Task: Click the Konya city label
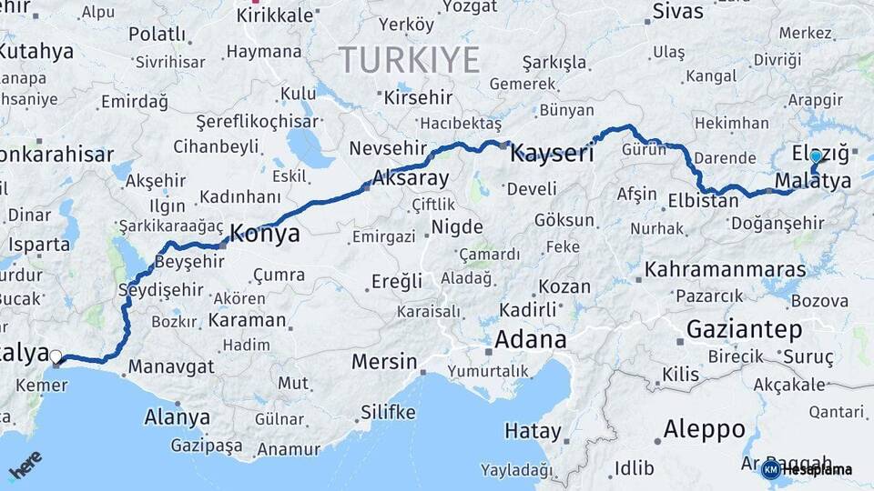click(x=264, y=234)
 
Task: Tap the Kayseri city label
click(x=552, y=153)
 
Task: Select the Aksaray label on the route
click(x=411, y=178)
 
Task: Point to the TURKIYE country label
click(x=410, y=61)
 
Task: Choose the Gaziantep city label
click(x=744, y=328)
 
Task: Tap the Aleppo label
click(x=704, y=428)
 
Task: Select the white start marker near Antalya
click(x=56, y=357)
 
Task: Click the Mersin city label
click(x=384, y=362)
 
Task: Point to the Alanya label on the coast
click(x=177, y=418)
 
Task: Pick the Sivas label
click(x=678, y=12)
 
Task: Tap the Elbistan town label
click(x=703, y=201)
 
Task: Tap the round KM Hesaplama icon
click(x=770, y=469)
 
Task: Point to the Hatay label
click(x=534, y=429)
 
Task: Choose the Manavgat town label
click(x=171, y=367)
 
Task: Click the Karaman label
click(x=247, y=320)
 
